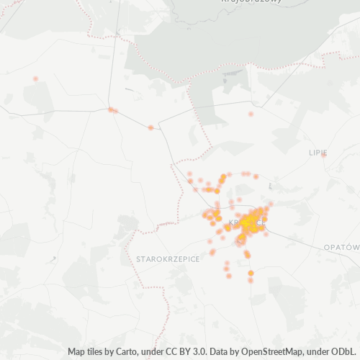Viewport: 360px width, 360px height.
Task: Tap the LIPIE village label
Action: coord(318,153)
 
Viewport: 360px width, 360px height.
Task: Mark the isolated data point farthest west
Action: coord(35,78)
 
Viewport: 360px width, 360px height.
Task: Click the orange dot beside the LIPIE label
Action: coord(324,153)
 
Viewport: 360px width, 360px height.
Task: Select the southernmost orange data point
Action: coord(251,280)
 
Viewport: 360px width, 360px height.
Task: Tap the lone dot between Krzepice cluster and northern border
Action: coord(251,114)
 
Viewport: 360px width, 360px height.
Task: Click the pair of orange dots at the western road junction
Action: coord(112,110)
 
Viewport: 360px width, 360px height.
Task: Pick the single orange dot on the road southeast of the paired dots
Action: coord(150,127)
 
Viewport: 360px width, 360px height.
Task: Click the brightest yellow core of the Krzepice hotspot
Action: coord(252,222)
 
